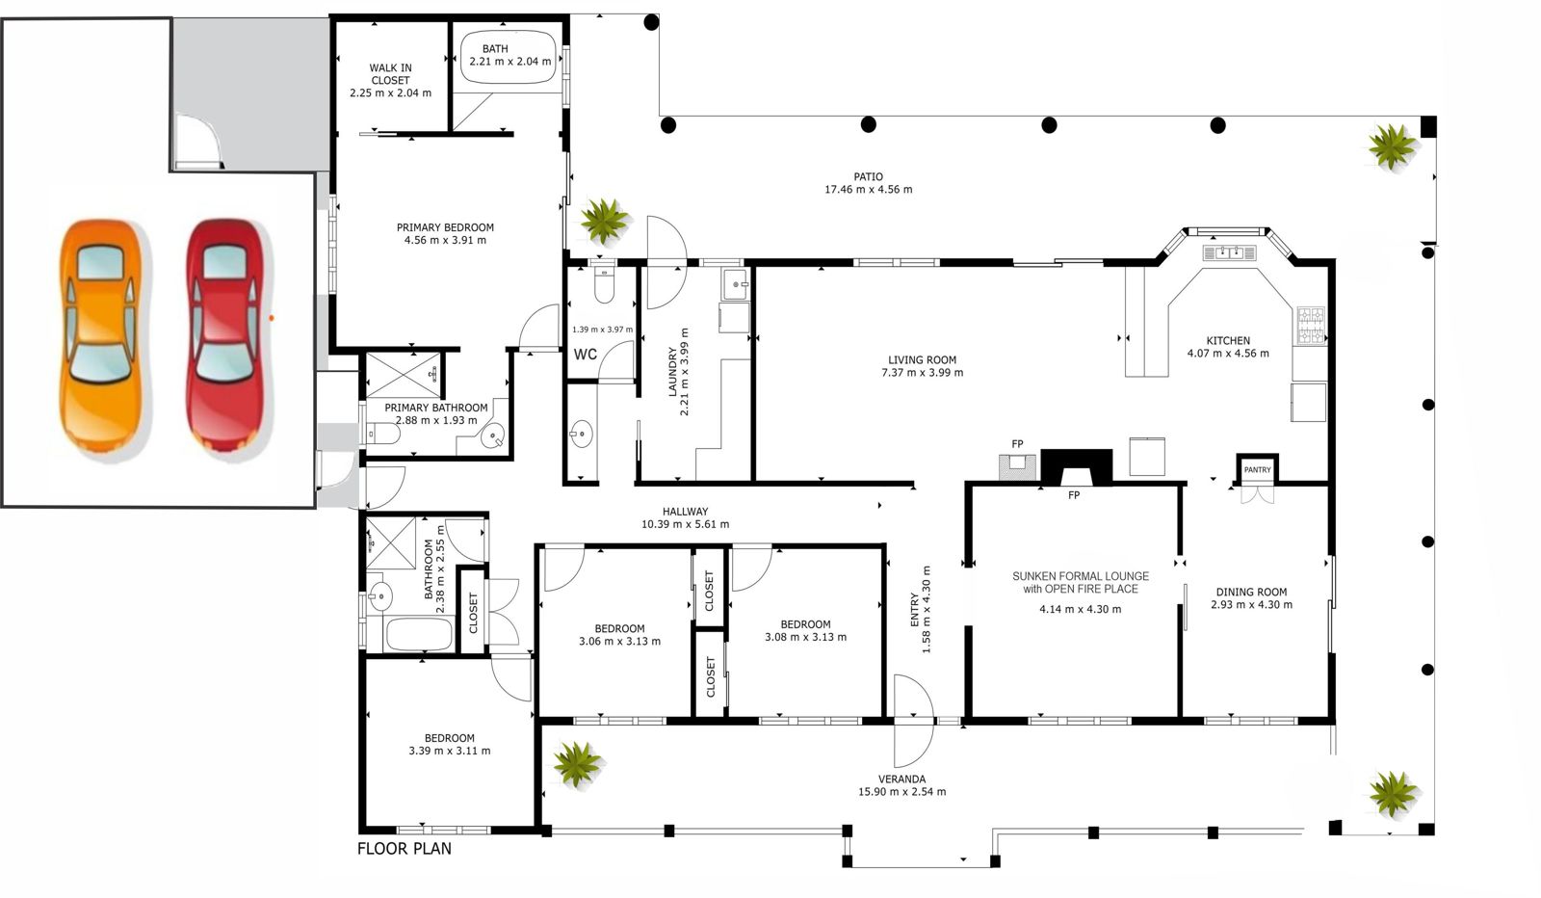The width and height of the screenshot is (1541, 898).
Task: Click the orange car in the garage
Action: click(102, 336)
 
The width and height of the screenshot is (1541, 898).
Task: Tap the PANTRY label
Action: click(1257, 470)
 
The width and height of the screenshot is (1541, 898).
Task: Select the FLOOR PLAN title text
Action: click(405, 849)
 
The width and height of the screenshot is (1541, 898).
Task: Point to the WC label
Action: click(586, 355)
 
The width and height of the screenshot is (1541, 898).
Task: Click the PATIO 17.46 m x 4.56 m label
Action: click(868, 183)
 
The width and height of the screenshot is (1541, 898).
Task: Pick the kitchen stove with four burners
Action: click(1311, 326)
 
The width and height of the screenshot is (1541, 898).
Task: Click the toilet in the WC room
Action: click(603, 282)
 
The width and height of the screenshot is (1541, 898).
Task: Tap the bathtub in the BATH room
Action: click(508, 58)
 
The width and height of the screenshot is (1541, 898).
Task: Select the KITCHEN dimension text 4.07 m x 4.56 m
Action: click(1228, 354)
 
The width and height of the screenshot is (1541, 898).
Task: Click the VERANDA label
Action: click(901, 779)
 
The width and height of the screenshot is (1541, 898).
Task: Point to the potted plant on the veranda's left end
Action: click(577, 763)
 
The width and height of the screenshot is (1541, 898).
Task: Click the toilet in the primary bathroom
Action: click(382, 435)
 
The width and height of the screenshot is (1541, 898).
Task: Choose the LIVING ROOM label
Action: click(922, 360)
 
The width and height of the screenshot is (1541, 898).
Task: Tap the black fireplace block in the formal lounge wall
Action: click(1077, 467)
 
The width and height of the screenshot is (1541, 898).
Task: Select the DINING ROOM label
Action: click(1251, 592)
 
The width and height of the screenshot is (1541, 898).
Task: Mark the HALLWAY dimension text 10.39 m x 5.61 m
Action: click(685, 524)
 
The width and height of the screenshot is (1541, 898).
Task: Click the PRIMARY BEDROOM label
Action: click(445, 227)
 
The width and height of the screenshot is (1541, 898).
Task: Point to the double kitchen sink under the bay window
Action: click(1229, 252)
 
